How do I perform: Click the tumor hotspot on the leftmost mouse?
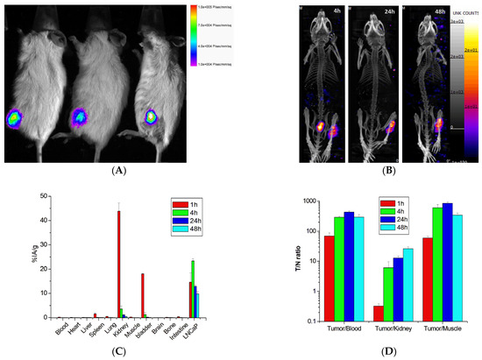[17, 116]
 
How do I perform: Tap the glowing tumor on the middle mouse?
[82, 116]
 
